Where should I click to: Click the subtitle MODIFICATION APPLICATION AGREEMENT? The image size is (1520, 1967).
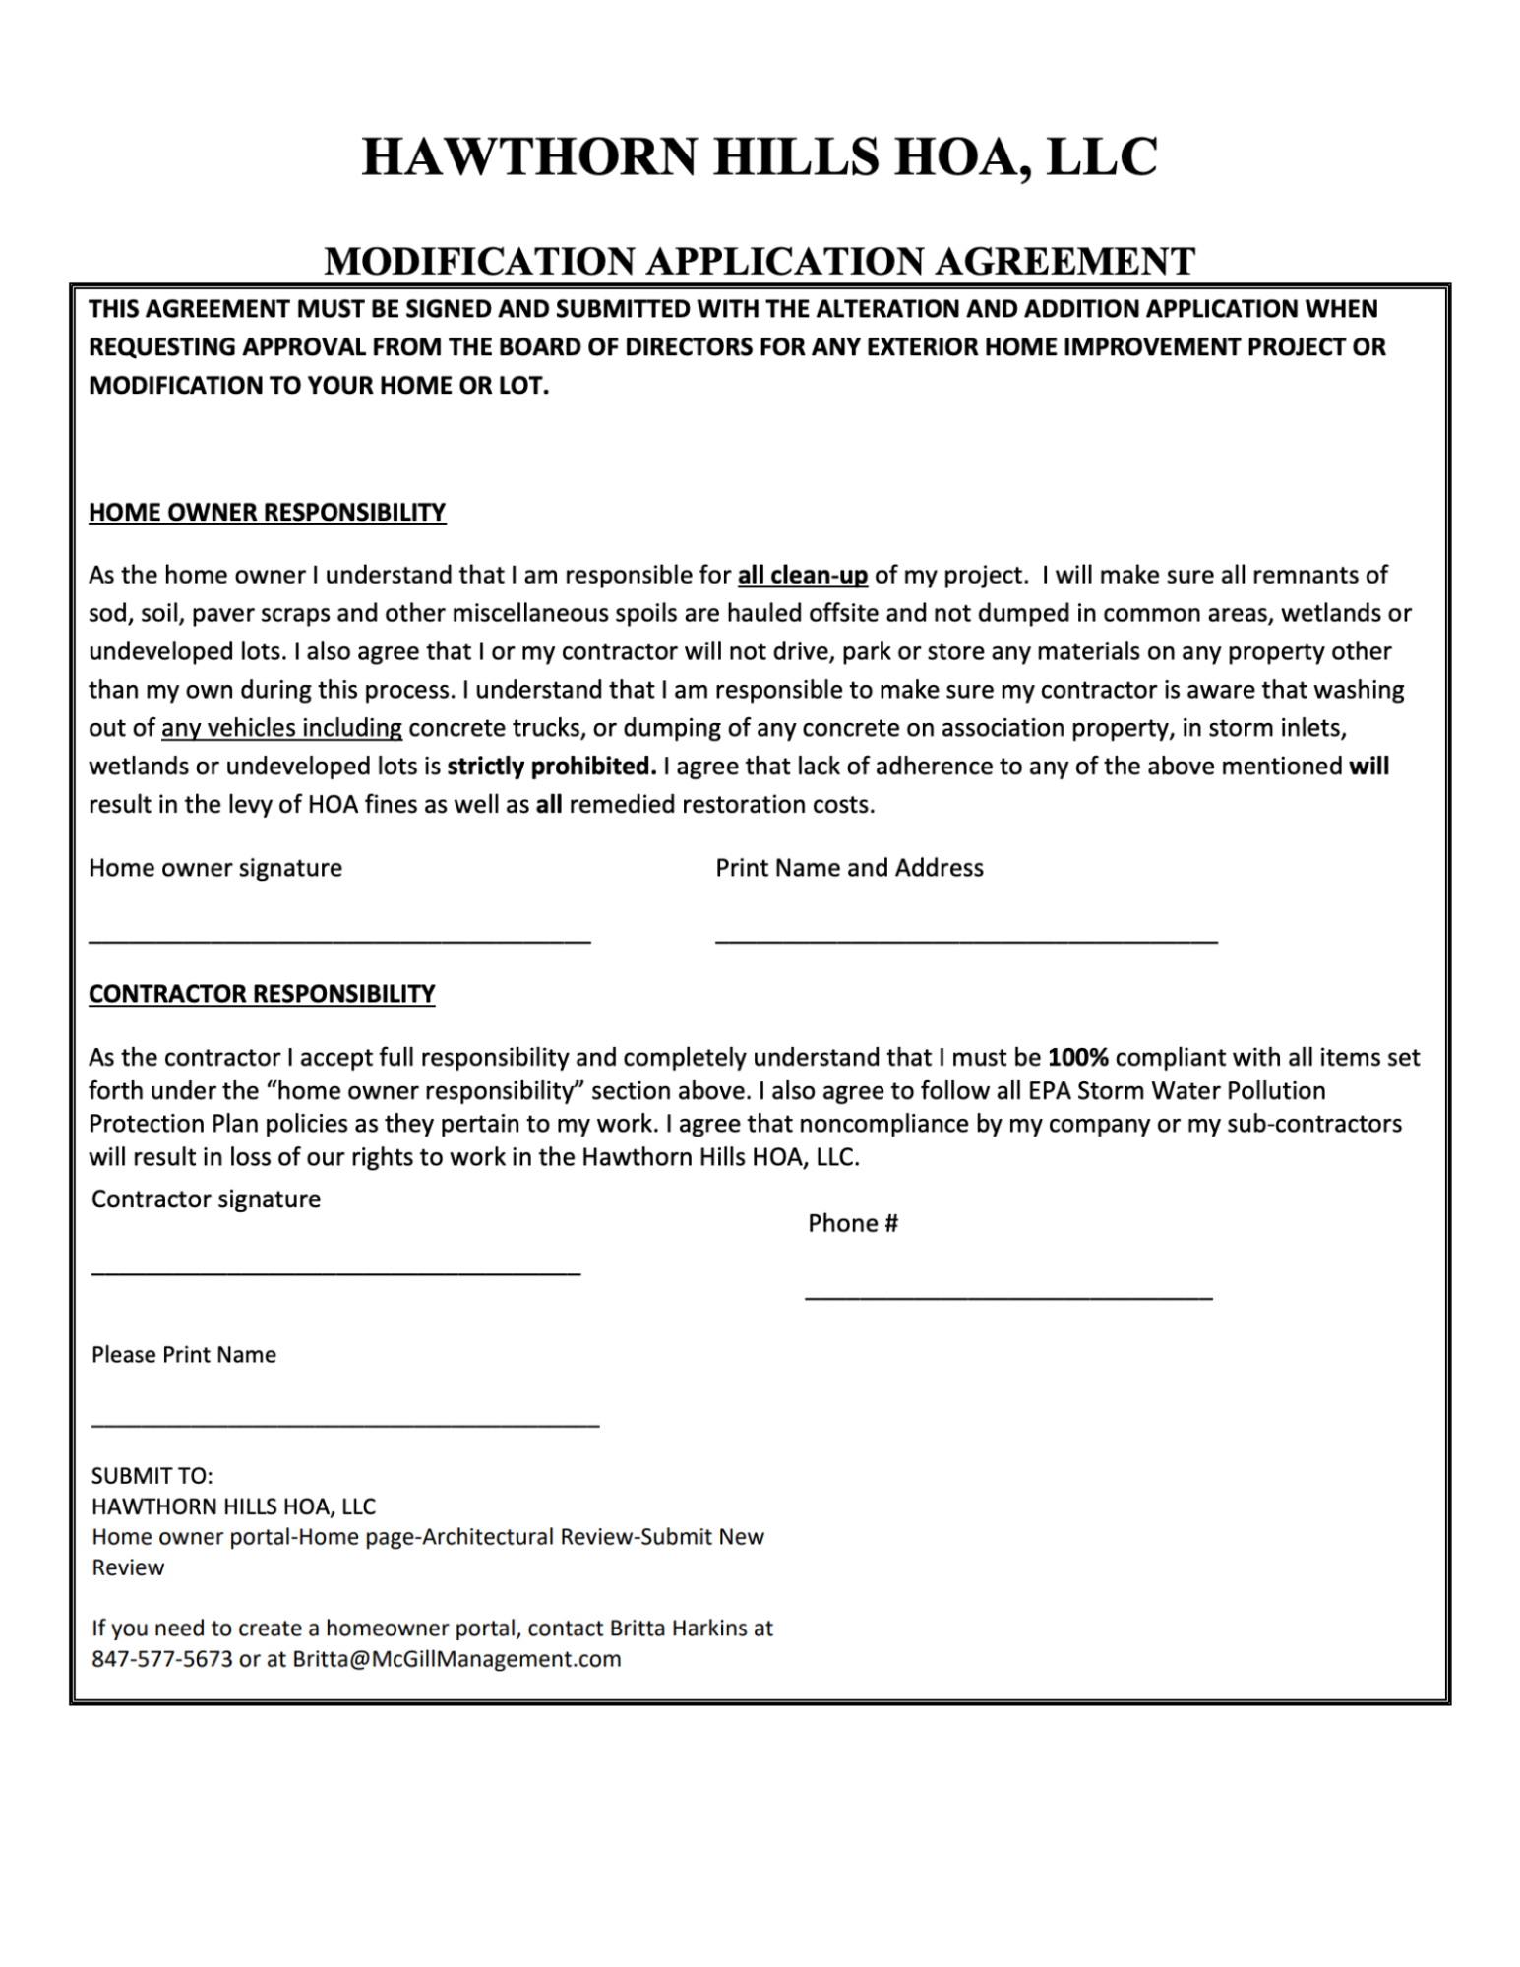(760, 261)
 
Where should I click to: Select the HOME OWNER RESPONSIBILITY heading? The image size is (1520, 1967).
(267, 513)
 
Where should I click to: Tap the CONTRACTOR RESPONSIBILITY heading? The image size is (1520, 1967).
(262, 994)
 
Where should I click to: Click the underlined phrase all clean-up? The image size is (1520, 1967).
(803, 575)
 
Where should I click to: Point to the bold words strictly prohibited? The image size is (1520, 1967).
(551, 767)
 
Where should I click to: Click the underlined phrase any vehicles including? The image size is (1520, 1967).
(281, 728)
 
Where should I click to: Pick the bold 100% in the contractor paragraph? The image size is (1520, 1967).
(1078, 1058)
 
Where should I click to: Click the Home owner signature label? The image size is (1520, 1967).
(215, 868)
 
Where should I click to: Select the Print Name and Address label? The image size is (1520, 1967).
(849, 868)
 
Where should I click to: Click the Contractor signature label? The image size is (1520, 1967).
(206, 1199)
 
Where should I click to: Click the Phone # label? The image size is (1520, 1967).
(853, 1223)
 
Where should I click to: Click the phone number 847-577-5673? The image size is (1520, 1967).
(162, 1659)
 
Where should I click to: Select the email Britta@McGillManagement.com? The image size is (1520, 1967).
(456, 1659)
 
